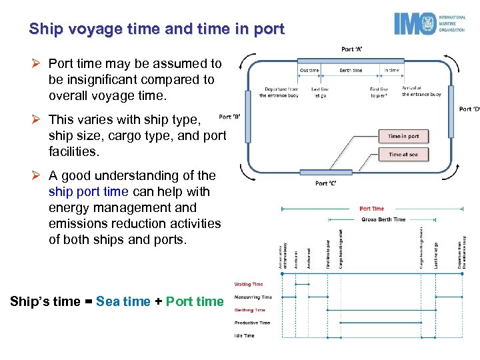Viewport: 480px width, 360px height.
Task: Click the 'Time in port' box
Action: pos(404,136)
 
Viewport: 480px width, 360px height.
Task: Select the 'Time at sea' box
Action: pos(404,155)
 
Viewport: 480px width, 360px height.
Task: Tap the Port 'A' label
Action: pos(351,49)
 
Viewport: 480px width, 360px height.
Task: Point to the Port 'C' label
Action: pos(326,183)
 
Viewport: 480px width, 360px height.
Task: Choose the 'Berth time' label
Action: pos(351,70)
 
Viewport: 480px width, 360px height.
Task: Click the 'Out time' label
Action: pos(309,70)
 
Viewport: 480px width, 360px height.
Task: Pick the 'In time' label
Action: pos(392,70)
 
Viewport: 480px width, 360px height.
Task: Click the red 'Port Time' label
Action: pos(371,209)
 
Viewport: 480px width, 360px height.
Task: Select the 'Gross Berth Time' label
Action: pos(383,219)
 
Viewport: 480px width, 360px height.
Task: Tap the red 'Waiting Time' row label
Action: pos(248,284)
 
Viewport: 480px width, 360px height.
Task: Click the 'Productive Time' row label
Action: pos(252,323)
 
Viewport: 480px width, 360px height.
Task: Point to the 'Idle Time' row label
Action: pos(244,335)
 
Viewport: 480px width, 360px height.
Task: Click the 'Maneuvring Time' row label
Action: pos(253,297)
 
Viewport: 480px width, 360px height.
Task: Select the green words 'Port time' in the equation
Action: pos(195,301)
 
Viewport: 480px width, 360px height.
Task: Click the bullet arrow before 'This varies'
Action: pos(39,119)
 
